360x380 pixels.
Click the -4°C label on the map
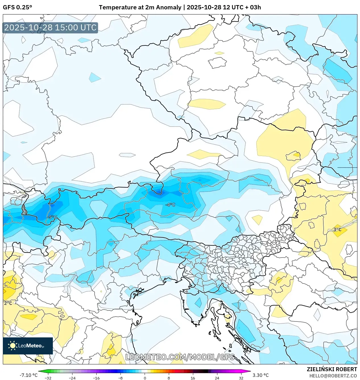170,205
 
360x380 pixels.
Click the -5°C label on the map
52,217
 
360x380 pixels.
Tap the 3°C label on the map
337,229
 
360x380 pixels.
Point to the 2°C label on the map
8,303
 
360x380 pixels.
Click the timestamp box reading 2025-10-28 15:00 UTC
50,28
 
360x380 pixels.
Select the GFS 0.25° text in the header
17,7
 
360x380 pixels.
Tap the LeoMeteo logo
28,346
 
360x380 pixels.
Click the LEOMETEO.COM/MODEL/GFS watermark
180,357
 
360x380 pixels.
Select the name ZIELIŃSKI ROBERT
332,369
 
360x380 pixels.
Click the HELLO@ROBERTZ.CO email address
333,376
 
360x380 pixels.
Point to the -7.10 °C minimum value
28,375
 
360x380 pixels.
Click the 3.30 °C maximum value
261,375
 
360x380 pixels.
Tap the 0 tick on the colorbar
145,378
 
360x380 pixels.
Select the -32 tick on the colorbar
48,378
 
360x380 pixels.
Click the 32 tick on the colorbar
241,378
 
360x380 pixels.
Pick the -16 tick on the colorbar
96,378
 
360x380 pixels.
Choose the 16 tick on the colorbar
193,378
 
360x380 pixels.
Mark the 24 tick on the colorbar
217,378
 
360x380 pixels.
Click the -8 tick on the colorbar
120,378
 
